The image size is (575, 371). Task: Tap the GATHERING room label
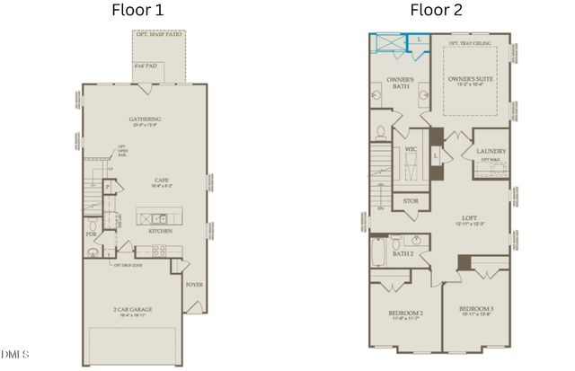point(145,119)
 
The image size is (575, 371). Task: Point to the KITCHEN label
point(161,231)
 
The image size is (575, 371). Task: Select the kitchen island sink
point(156,217)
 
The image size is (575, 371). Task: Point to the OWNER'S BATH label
point(400,83)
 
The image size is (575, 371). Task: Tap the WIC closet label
point(411,149)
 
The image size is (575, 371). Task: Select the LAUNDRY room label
point(491,152)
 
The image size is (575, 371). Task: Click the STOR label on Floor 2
point(411,201)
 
